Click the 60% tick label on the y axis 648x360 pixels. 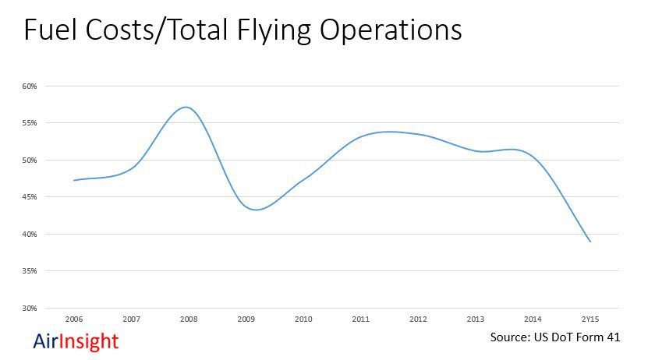pos(29,86)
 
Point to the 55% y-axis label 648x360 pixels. pos(29,123)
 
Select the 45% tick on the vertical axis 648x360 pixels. pos(29,197)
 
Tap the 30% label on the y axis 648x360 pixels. pos(29,309)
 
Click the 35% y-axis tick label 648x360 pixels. pos(29,271)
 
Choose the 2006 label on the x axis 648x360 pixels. pos(74,319)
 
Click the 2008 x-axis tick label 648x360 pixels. pos(189,319)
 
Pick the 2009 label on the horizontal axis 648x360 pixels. pos(246,319)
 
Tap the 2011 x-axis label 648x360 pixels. pos(361,319)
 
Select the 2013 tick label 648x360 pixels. pos(476,319)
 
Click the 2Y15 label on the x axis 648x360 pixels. pos(590,319)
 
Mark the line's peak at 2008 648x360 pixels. pos(186,107)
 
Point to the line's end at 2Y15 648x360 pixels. pos(590,242)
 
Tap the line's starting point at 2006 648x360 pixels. pos(74,180)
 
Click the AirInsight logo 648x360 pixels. pos(76,341)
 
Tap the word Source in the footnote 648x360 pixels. pos(511,338)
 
